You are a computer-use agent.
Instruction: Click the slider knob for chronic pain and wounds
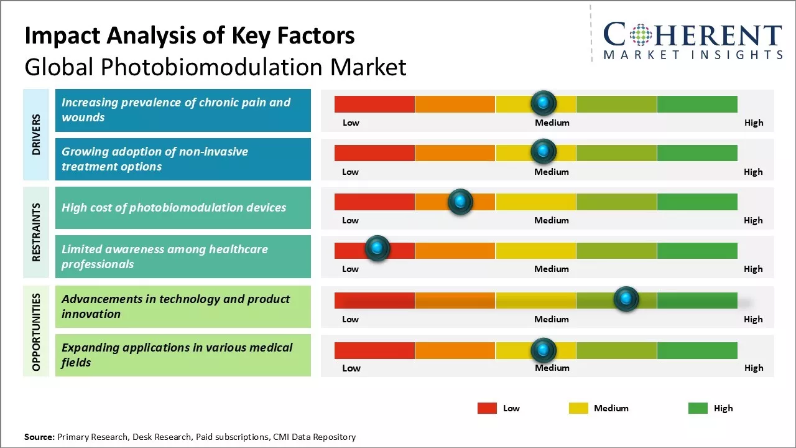click(544, 102)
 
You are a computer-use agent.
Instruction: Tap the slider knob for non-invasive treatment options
click(544, 151)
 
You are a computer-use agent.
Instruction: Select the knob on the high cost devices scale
click(460, 201)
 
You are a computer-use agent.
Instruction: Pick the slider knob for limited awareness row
click(377, 248)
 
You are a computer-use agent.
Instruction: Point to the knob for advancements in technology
click(626, 299)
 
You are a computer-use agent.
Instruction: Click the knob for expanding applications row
click(544, 350)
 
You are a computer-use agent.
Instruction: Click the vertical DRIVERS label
click(36, 134)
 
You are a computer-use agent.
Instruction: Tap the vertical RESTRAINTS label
click(36, 232)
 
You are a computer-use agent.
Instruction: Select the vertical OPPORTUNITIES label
click(36, 332)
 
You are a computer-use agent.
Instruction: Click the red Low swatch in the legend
click(487, 408)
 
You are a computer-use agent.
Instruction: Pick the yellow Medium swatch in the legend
click(578, 408)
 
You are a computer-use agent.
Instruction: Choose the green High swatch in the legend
click(698, 408)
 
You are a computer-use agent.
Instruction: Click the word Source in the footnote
click(39, 437)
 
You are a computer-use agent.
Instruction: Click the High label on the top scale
click(753, 123)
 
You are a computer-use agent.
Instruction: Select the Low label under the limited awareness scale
click(350, 269)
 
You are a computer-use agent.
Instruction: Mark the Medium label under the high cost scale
click(552, 220)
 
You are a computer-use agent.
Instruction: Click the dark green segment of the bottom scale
click(696, 350)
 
